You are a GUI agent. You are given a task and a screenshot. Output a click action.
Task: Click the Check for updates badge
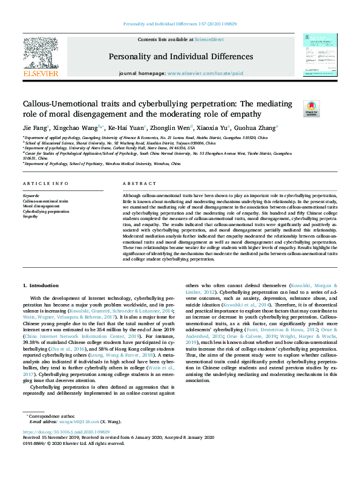click(x=310, y=108)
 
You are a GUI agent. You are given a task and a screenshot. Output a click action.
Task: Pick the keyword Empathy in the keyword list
click(x=31, y=216)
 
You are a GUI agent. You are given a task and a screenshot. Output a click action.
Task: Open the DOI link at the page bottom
click(x=66, y=432)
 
